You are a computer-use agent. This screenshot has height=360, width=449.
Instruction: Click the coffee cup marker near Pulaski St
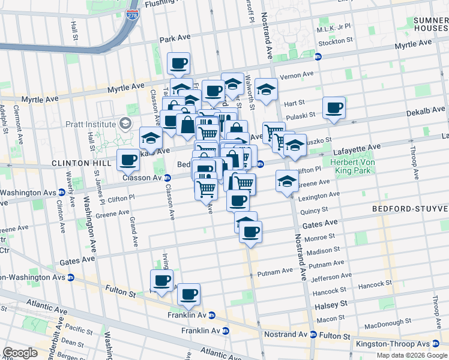click(x=334, y=108)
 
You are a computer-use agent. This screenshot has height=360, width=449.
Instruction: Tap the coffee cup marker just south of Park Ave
click(x=178, y=63)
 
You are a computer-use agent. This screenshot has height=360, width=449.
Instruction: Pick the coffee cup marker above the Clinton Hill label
click(x=128, y=160)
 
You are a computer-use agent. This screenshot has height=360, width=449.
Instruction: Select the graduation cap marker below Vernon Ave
click(x=266, y=89)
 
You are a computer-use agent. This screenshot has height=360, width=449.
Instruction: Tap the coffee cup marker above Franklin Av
click(x=188, y=294)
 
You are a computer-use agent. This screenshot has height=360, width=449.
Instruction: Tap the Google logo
click(x=20, y=353)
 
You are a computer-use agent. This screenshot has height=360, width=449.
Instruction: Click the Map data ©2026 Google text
click(x=412, y=355)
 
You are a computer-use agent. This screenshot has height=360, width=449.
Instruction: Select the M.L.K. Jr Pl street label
click(x=335, y=28)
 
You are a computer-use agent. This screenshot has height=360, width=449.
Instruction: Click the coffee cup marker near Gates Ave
click(x=250, y=231)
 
